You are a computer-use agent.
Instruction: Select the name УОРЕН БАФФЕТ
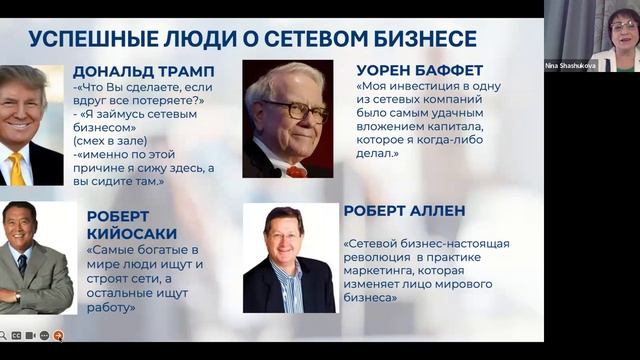pos(420,70)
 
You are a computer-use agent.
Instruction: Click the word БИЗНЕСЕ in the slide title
pos(425,39)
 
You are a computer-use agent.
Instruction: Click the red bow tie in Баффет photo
pos(296,171)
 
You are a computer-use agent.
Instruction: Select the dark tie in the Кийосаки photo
pos(22,266)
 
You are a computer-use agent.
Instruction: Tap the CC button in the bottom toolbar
pos(16,335)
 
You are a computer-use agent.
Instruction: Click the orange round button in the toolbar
pos(58,335)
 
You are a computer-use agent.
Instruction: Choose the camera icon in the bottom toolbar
pos(44,335)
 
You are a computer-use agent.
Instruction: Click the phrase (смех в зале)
pos(106,142)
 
